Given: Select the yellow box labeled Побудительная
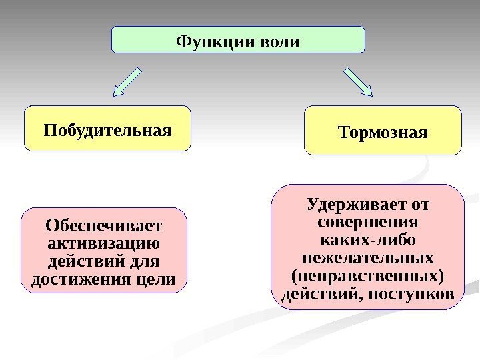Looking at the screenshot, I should (107, 128).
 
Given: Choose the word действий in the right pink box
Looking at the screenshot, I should (317, 293).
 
